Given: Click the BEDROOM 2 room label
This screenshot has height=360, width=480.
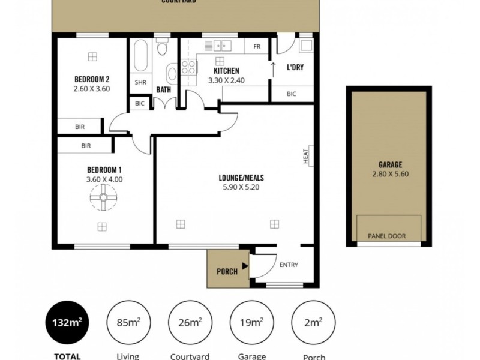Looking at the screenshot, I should tap(91, 79).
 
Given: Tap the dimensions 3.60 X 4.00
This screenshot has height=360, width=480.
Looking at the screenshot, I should tap(104, 179).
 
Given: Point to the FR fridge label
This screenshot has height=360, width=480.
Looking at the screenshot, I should tap(256, 47).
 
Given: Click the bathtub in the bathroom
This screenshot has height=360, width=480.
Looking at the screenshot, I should tap(140, 56).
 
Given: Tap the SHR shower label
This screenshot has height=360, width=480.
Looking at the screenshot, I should tap(140, 83).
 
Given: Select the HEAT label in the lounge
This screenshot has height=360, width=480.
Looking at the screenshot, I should tap(305, 157).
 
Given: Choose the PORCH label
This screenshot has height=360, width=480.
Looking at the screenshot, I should tap(227, 271).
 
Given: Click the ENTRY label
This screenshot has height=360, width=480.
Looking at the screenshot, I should tap(289, 265).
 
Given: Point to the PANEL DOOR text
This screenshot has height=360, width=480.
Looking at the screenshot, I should tap(386, 236).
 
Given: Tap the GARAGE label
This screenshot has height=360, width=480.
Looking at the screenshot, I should tap(390, 165).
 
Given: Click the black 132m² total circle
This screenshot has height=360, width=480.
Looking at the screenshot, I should tap(67, 322).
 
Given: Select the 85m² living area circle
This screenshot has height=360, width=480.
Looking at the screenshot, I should tap(128, 322).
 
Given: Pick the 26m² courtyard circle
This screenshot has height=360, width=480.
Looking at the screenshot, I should tap(190, 322).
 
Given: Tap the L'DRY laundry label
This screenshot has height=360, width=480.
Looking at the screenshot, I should tap(295, 67).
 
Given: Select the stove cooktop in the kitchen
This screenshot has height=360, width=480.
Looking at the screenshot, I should tap(189, 67).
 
